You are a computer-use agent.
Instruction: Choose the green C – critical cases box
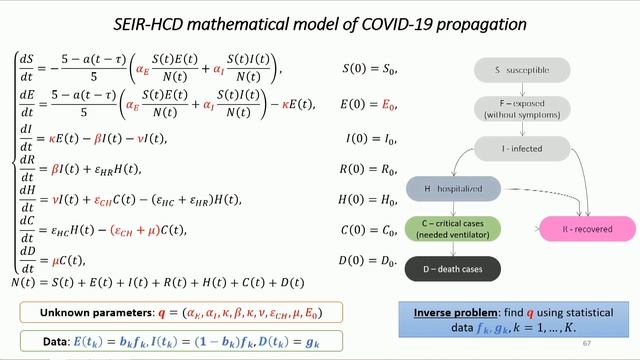[x=453, y=229]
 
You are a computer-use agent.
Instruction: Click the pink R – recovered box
[x=587, y=229]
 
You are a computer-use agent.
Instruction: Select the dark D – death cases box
[x=453, y=268]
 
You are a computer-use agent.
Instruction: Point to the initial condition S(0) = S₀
[x=371, y=69]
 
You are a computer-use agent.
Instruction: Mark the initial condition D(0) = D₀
[x=371, y=262]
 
